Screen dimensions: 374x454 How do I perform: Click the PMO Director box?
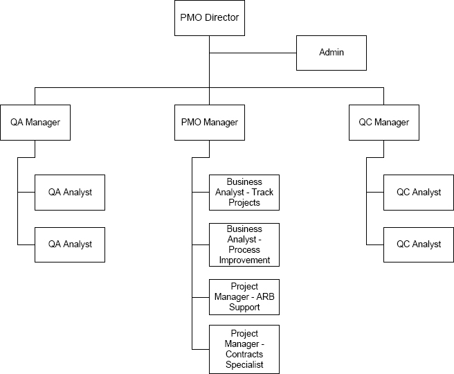pos(209,18)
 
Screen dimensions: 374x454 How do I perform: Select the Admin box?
pos(331,53)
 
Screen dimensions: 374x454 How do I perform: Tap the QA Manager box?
pos(35,123)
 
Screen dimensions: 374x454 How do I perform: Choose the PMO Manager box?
pos(209,123)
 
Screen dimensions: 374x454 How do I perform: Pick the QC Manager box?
pos(383,123)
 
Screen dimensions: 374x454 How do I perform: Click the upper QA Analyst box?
pos(70,193)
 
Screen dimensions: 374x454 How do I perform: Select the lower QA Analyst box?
pos(70,244)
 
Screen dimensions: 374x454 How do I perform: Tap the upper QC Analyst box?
pos(418,193)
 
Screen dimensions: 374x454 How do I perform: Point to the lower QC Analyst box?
pos(418,244)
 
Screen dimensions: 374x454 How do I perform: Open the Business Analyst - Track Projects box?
pos(244,193)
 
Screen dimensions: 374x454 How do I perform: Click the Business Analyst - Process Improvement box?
pos(244,244)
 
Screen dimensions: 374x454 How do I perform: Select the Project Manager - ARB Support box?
pos(244,296)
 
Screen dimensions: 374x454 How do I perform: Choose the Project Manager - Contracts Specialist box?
pos(244,348)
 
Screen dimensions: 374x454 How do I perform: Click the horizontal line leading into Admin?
pos(253,53)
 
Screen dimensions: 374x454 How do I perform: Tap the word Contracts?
pos(244,354)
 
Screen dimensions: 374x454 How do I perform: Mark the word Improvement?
pos(244,260)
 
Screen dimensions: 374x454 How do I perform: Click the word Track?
pos(262,193)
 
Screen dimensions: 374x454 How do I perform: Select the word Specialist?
pos(244,364)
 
